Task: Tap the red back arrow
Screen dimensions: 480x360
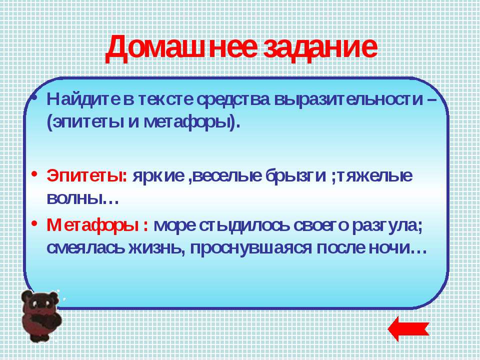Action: pos(408,329)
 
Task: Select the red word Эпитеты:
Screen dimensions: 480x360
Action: pos(86,176)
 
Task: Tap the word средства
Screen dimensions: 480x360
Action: pos(233,100)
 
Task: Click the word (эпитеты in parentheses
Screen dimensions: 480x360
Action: pos(85,122)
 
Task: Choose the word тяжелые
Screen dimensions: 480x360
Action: pos(374,176)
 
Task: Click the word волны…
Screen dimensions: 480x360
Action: pos(82,199)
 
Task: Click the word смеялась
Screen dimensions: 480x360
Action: pos(85,248)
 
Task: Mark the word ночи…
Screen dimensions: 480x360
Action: pos(397,248)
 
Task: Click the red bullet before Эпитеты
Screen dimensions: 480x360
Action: pos(34,173)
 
